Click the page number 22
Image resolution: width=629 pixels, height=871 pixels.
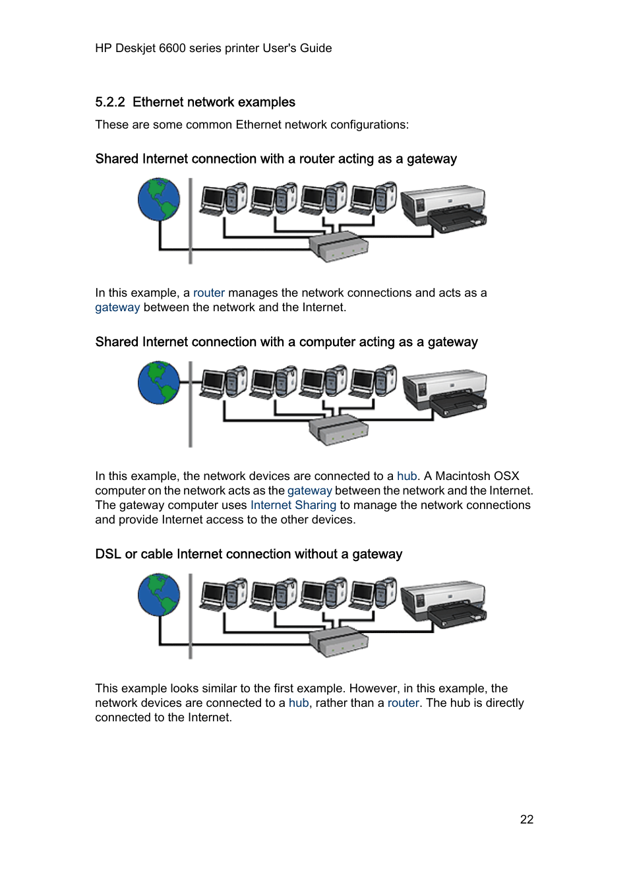click(x=526, y=819)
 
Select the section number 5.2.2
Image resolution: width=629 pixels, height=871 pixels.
click(x=109, y=102)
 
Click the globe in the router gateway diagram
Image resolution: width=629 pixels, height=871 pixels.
click(x=159, y=200)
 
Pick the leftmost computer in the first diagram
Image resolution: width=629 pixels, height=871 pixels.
click(x=223, y=199)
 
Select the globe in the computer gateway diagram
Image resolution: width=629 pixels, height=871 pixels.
click(x=159, y=383)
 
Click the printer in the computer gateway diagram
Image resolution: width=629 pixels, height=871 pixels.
click(x=445, y=392)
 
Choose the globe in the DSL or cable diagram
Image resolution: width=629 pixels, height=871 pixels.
click(x=159, y=595)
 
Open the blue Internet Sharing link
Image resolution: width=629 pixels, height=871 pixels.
click(x=293, y=505)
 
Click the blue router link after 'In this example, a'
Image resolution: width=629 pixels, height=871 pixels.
click(x=208, y=293)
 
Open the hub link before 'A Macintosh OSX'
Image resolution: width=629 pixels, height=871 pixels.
click(x=407, y=476)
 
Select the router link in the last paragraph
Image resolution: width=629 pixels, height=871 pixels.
click(x=403, y=703)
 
